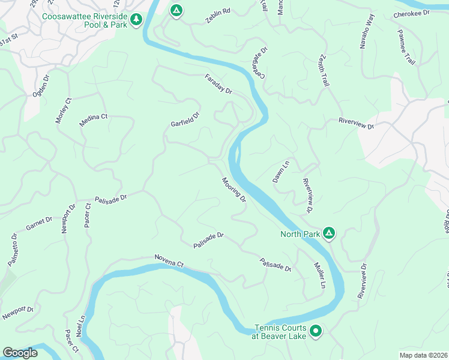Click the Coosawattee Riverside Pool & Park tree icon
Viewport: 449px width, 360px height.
(137, 20)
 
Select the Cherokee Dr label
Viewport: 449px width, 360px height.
(412, 13)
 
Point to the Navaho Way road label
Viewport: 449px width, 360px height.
(367, 31)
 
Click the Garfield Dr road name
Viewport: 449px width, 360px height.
(185, 119)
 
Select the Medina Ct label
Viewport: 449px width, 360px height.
(93, 121)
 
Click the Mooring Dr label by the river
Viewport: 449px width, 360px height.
(234, 189)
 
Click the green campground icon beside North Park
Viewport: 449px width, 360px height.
(328, 232)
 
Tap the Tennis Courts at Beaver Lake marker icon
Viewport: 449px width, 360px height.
(316, 330)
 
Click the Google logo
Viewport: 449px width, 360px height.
(20, 353)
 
